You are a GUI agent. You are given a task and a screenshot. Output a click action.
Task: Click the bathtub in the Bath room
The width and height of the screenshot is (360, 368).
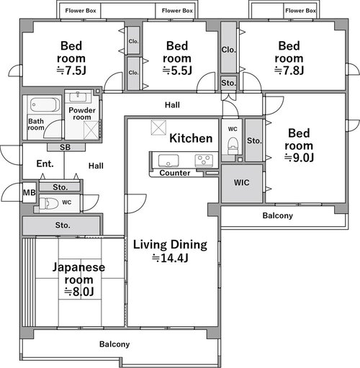coord(45,104)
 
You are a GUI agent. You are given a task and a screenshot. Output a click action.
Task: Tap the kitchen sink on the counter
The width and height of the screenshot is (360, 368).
coord(168,161)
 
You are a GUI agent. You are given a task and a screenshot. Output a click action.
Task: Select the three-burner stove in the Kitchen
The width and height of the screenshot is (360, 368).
coord(204,160)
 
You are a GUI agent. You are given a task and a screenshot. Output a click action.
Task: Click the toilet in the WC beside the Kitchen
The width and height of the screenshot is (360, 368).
coord(233,145)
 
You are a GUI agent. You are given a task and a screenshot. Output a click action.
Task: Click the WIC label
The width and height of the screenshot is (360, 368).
coord(241,183)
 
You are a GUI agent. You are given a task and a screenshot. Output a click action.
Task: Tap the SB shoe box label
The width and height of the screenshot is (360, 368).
coord(65,147)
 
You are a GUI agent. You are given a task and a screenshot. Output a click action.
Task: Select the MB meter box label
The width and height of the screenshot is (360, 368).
coord(30,192)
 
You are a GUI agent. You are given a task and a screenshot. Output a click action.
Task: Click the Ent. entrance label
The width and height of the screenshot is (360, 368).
coord(45,163)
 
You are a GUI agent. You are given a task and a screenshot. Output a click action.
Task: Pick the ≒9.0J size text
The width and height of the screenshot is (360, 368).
coord(299,158)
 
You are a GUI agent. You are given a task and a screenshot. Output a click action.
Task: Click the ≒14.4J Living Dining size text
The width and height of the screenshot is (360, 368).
coord(170,258)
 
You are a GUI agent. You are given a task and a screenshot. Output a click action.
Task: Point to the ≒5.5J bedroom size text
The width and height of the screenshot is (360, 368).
coord(177,71)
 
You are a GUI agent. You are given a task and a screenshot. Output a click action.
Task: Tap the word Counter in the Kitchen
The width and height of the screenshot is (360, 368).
coord(175,173)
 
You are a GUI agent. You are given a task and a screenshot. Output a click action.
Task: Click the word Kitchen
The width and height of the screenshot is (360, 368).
coord(191,138)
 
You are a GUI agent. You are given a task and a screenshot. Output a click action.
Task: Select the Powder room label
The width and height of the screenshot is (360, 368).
coord(82,114)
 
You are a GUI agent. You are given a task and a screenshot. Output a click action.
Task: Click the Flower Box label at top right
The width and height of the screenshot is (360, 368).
coord(300,11)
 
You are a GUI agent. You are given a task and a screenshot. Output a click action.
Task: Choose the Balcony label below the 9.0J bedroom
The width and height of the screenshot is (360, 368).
coord(278,215)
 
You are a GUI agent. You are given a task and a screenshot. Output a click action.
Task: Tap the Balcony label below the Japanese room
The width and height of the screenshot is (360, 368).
coord(114,344)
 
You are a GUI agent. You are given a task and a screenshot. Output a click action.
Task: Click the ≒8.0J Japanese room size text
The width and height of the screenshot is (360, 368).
coord(79,292)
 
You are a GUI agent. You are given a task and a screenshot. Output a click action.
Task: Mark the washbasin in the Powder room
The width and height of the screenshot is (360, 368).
coord(78,97)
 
